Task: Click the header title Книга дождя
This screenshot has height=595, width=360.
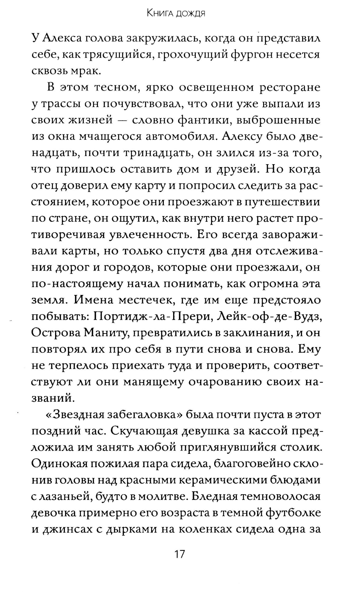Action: click(x=176, y=14)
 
